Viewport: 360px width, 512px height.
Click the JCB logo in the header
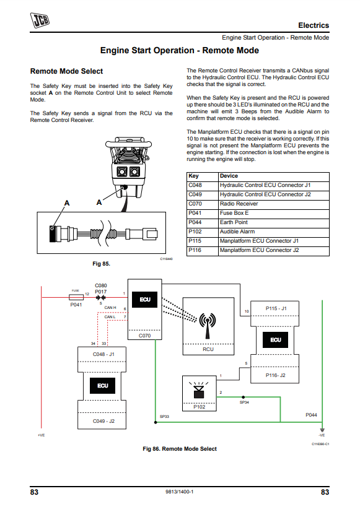[40, 20]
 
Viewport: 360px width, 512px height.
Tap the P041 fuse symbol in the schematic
[76, 297]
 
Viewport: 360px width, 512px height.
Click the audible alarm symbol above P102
[199, 389]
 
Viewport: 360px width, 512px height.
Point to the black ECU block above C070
[145, 300]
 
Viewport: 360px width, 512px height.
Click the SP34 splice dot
[243, 397]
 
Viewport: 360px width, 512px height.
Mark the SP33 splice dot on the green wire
[156, 422]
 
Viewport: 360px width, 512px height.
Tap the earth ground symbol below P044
[322, 430]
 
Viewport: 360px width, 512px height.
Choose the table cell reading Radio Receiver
[239, 204]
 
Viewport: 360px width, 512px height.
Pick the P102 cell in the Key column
[195, 232]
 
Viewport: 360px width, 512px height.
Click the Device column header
[229, 176]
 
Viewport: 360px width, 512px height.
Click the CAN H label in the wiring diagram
[110, 308]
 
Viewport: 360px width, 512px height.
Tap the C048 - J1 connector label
[103, 354]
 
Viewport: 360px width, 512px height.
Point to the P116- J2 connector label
[275, 375]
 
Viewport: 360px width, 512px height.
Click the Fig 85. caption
[101, 264]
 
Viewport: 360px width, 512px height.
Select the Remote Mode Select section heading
[67, 71]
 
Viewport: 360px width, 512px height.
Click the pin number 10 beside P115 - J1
[247, 311]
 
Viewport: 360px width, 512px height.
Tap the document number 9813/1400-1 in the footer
[179, 492]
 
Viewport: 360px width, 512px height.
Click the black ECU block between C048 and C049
[103, 386]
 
